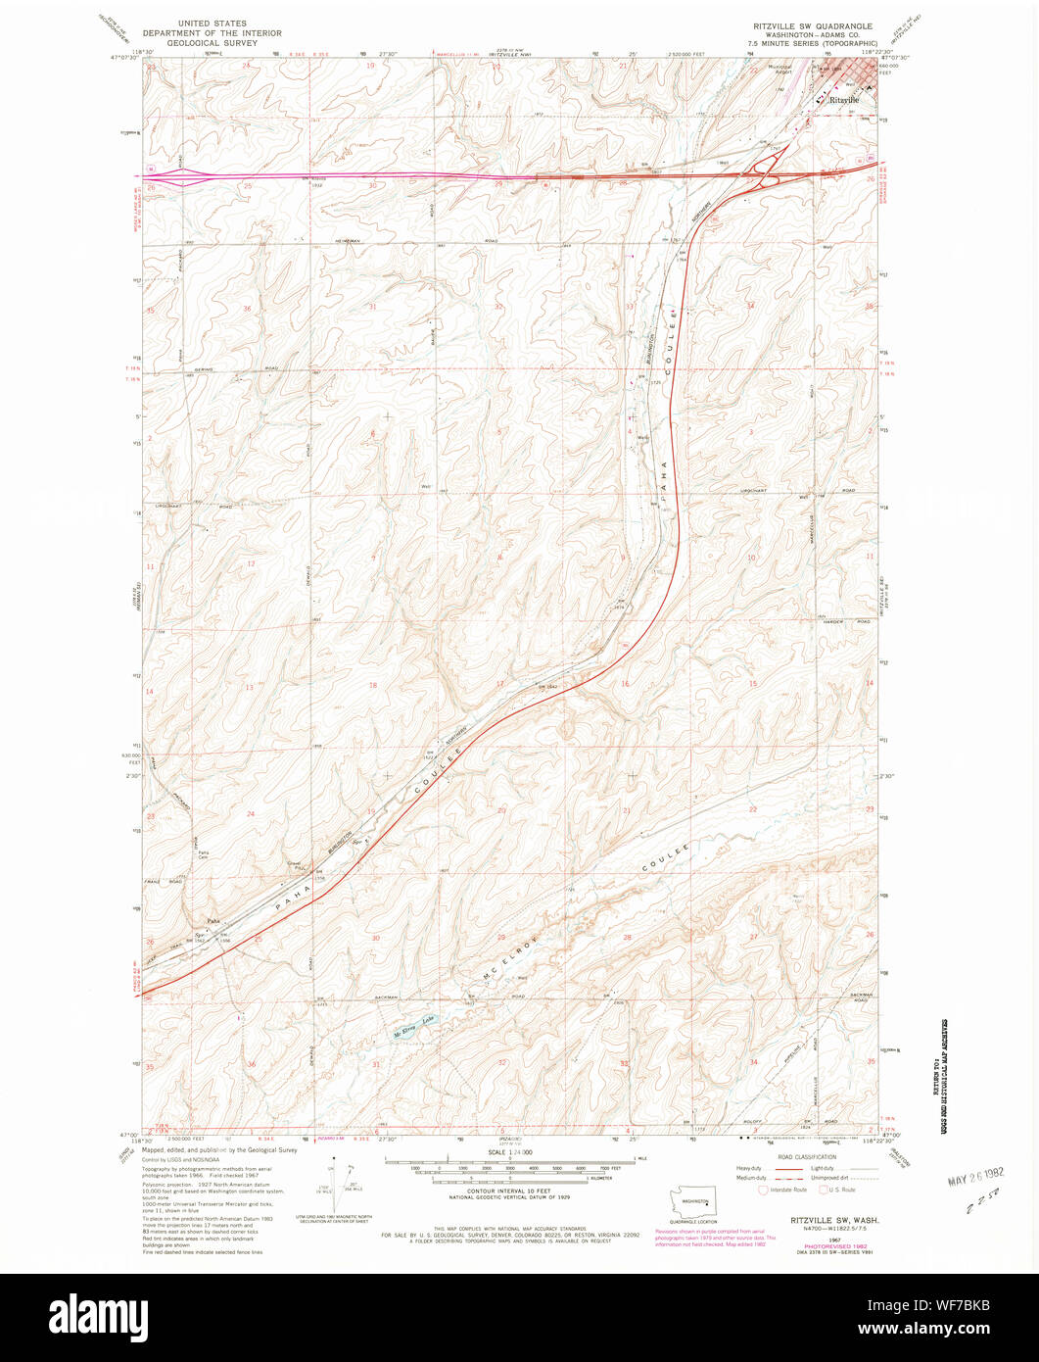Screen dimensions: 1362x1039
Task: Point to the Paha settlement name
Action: [x=213, y=921]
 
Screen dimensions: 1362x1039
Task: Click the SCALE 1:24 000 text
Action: [x=509, y=1152]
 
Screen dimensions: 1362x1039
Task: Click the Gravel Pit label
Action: [x=293, y=865]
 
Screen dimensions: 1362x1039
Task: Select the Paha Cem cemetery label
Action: [x=204, y=854]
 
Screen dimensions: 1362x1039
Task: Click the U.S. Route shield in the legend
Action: [x=824, y=1190]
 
